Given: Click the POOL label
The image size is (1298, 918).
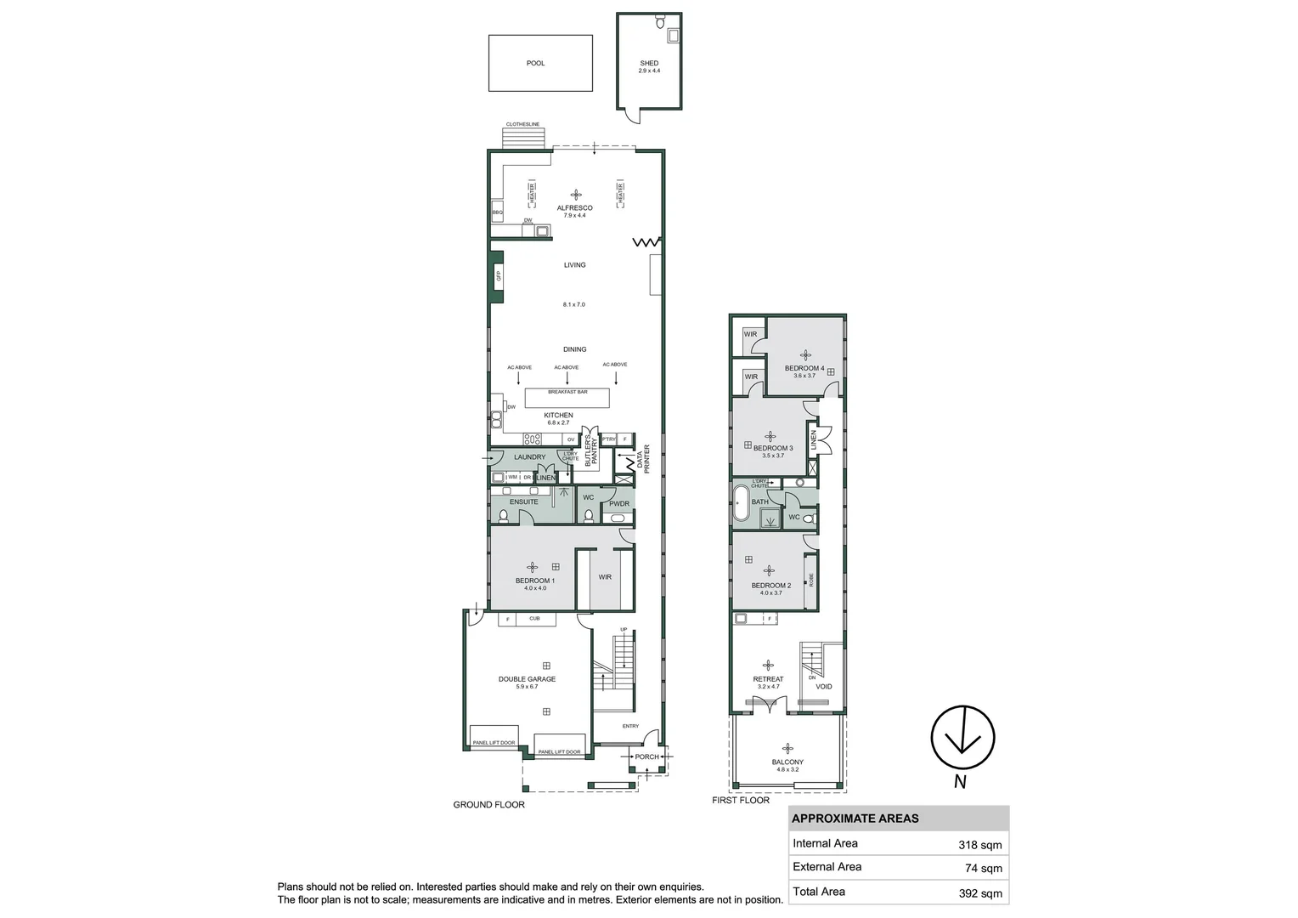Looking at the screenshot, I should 535,63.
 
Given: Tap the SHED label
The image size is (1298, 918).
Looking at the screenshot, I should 649,64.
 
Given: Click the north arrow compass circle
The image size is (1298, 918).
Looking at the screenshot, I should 962,737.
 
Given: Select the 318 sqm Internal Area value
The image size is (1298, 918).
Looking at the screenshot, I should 979,845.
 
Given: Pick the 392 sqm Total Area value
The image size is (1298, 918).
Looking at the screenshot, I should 979,892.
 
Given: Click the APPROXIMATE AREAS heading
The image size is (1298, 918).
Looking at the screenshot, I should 855,819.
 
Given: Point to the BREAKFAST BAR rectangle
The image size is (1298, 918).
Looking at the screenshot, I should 567,398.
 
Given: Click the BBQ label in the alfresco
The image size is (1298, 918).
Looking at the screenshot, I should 497,212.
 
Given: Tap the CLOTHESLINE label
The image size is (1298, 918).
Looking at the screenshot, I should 522,125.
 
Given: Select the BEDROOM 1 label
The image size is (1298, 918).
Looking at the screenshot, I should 534,581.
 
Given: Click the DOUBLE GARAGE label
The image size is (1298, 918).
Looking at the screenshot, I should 527,679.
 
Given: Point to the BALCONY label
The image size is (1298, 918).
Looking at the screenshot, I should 787,762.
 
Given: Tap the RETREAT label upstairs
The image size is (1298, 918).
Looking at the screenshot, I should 768,679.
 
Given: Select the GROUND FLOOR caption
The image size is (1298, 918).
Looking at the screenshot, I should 488,805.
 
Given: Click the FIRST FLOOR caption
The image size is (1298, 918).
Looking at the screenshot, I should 741,801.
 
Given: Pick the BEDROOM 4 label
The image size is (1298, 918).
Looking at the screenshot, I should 804,368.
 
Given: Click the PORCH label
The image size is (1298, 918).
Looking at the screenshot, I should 646,756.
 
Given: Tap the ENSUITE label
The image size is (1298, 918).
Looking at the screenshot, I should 523,501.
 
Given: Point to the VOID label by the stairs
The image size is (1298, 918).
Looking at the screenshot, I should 823,687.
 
